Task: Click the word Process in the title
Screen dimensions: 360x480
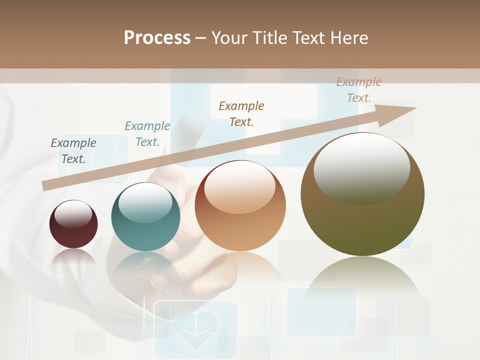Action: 157,38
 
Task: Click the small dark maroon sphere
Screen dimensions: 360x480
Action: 73,225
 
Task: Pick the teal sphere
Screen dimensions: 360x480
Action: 145,217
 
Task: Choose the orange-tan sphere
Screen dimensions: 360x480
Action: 240,206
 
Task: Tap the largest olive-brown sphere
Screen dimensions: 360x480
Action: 362,195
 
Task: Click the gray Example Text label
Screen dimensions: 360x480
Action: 73,151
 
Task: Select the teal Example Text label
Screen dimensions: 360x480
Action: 147,134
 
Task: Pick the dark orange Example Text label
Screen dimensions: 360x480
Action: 241,113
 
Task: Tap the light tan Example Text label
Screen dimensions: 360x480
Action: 359,90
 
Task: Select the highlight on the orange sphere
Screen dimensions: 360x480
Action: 239,186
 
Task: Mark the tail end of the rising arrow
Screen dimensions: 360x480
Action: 46,185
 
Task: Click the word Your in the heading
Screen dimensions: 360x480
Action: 229,38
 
